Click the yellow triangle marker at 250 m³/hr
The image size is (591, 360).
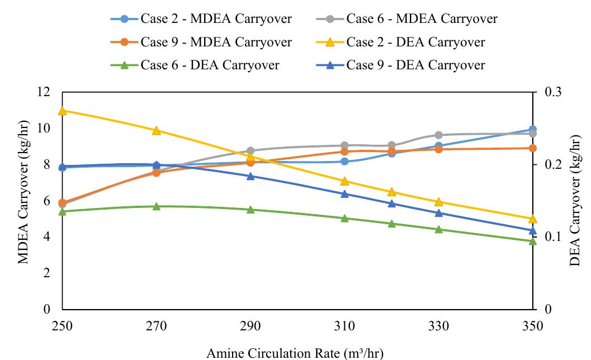click(x=63, y=111)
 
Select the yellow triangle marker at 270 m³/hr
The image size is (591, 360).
click(x=157, y=130)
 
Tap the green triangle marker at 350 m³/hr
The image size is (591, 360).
click(x=532, y=241)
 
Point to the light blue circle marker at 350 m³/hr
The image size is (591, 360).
click(x=532, y=130)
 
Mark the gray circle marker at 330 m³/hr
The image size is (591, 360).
click(x=438, y=135)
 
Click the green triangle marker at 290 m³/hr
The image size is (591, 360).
click(x=250, y=210)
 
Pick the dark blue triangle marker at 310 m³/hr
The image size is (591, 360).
click(x=344, y=194)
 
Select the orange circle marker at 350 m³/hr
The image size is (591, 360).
click(x=532, y=148)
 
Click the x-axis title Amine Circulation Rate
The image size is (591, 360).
click(x=296, y=352)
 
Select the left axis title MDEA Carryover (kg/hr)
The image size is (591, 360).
click(x=23, y=200)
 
